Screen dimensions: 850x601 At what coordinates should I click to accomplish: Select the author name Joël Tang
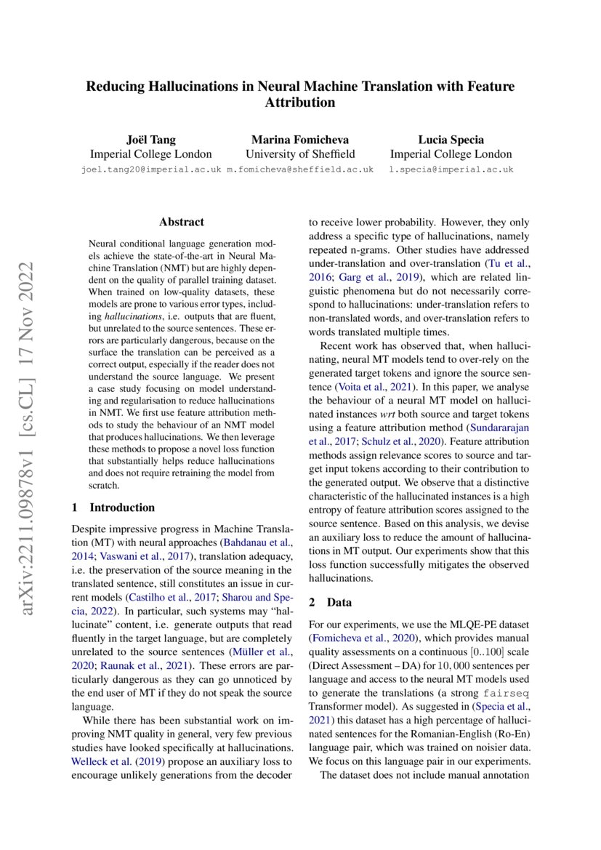tap(150, 139)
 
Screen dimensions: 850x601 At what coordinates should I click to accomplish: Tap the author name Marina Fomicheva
tap(300, 139)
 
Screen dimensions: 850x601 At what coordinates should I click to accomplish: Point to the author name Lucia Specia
tap(451, 139)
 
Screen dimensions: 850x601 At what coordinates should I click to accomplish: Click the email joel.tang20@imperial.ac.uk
tap(150, 169)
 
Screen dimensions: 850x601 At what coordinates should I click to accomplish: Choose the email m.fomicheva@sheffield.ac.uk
tap(300, 169)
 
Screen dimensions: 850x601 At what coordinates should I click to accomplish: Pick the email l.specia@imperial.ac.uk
tap(451, 169)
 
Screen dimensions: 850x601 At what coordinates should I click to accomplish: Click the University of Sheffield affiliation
tap(300, 153)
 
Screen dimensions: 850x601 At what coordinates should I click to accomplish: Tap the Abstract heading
tap(182, 222)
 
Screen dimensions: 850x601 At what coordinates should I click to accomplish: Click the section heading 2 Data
tap(331, 602)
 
